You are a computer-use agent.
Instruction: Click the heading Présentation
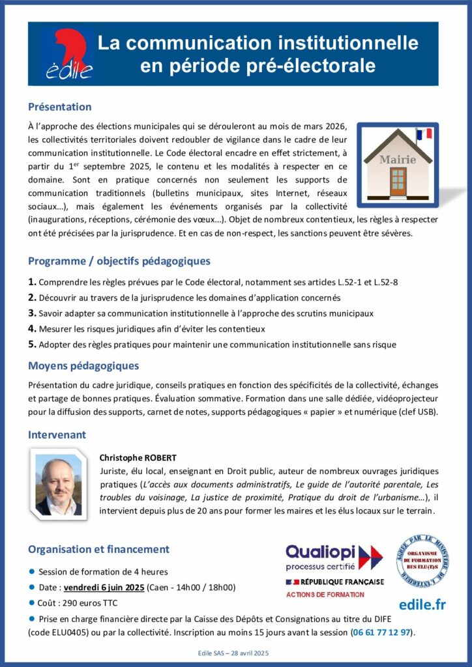click(x=59, y=107)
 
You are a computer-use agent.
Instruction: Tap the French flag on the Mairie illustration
click(x=424, y=135)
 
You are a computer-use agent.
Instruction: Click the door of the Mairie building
click(x=398, y=182)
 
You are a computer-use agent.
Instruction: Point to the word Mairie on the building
click(x=397, y=159)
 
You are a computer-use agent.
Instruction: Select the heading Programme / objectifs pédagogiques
click(x=119, y=261)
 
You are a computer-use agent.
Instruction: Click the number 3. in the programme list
click(x=32, y=313)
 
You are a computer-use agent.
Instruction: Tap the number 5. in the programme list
click(x=32, y=344)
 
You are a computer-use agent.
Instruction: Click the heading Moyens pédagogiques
click(x=83, y=366)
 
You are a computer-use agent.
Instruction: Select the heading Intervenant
click(x=57, y=434)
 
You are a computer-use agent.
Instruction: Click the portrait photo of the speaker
click(x=59, y=481)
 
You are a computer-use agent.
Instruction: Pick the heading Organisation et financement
click(x=98, y=549)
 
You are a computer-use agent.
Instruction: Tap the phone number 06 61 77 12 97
click(x=382, y=632)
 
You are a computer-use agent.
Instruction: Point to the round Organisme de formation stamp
click(x=422, y=560)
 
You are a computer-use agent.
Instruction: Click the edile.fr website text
click(x=422, y=604)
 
